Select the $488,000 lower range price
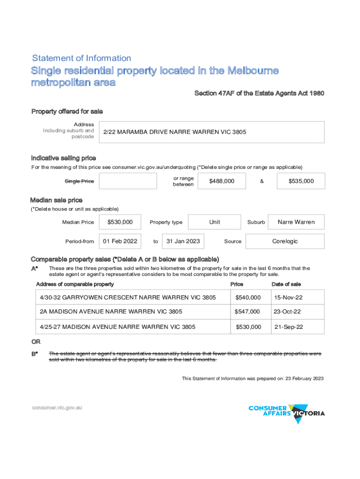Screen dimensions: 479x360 (x=222, y=181)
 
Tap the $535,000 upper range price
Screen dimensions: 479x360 (x=301, y=181)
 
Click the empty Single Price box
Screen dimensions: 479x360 (x=128, y=181)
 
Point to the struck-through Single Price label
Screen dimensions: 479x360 (x=79, y=181)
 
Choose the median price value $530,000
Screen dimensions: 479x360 (x=120, y=222)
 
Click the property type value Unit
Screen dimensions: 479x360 (x=215, y=222)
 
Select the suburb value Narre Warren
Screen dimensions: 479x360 (x=296, y=222)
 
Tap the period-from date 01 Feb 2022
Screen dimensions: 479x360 (x=120, y=241)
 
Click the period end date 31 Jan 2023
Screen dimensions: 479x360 (x=183, y=241)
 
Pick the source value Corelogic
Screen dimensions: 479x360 (x=285, y=241)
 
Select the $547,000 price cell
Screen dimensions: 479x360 (x=248, y=312)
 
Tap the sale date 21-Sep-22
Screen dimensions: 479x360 (x=288, y=327)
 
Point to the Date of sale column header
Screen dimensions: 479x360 (x=286, y=284)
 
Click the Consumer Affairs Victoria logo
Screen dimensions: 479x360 (x=286, y=413)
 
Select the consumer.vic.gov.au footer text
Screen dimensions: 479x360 (x=57, y=407)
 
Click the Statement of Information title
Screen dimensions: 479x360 (x=81, y=58)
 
